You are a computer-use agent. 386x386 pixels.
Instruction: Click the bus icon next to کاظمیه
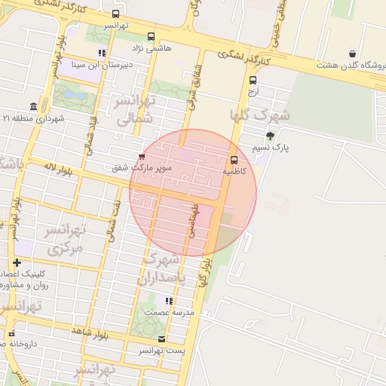tap(234, 160)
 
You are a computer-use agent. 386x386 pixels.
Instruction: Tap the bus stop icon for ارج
tap(252, 80)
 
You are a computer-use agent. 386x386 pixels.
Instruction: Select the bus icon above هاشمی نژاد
tap(152, 36)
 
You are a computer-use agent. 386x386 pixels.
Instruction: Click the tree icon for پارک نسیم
tap(271, 136)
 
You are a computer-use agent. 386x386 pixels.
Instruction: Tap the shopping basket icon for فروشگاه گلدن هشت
tap(352, 54)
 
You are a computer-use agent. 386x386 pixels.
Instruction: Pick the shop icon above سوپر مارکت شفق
tap(142, 156)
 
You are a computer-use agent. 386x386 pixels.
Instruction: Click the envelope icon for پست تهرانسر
tap(162, 339)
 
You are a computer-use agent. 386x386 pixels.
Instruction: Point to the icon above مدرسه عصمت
tap(169, 301)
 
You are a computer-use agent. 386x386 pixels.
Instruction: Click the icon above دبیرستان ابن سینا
tap(102, 53)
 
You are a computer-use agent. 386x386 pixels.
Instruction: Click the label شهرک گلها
tap(260, 115)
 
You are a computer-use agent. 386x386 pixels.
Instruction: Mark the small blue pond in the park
tap(74, 96)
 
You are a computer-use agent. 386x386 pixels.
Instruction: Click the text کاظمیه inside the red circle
tap(234, 172)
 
